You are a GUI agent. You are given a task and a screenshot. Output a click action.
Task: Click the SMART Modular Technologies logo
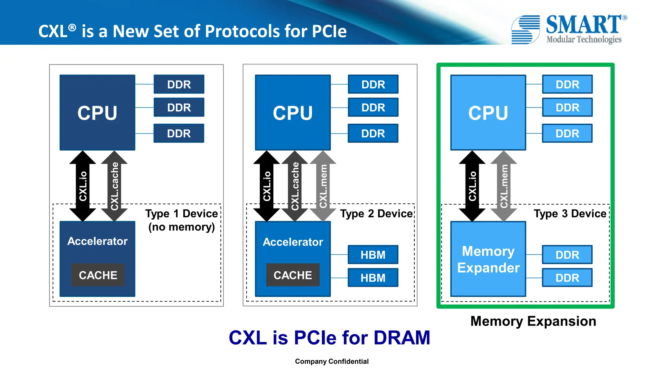[569, 29]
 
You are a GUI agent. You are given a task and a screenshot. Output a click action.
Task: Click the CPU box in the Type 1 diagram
[97, 112]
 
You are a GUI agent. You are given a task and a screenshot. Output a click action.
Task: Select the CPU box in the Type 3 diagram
[488, 112]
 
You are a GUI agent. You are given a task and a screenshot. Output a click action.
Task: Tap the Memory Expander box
[488, 259]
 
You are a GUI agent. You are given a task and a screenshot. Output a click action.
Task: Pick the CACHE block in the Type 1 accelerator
[98, 275]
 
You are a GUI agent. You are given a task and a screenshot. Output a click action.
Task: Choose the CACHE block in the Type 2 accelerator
[293, 275]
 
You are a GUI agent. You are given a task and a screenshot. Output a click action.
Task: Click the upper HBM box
[373, 255]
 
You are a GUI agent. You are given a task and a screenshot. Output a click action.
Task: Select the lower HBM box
[373, 278]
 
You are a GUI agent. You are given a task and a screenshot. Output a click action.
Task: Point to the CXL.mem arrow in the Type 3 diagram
[504, 186]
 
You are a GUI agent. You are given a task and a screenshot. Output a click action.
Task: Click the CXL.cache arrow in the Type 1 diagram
[114, 186]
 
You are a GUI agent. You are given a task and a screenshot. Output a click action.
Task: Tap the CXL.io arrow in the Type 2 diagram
[267, 186]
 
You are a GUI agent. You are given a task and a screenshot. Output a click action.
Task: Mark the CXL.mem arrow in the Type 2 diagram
[323, 186]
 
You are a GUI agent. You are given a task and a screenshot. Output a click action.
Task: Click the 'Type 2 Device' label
[376, 214]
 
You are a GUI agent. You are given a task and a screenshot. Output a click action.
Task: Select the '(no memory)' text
[182, 227]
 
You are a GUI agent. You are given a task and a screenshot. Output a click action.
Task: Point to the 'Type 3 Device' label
[570, 214]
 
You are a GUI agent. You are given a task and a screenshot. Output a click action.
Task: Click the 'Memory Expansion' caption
[533, 321]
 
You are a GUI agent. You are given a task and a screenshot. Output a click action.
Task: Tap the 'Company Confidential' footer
[332, 361]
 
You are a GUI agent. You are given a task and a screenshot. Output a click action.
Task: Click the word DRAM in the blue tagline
[402, 338]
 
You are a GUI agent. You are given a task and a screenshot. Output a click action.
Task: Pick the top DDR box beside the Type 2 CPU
[373, 85]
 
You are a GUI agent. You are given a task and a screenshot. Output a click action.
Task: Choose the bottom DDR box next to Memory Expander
[567, 278]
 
